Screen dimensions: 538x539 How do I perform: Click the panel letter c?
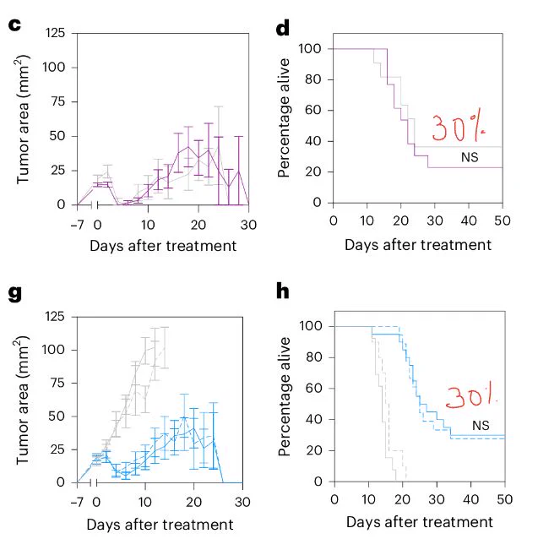14,24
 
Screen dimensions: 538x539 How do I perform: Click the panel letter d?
283,28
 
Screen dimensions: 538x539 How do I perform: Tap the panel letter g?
14,294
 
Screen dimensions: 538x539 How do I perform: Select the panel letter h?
282,291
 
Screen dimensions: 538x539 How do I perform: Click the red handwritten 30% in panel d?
458,128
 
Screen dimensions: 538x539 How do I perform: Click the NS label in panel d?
470,157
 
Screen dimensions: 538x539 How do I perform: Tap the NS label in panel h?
481,426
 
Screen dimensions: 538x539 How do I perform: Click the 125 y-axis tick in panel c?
55,33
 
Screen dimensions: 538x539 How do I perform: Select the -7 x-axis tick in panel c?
78,225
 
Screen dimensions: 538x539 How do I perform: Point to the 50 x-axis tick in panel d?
503,220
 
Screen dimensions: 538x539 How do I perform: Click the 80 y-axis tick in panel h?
314,357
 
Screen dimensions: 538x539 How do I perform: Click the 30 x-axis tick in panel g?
242,502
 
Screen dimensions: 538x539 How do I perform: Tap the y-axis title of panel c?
23,119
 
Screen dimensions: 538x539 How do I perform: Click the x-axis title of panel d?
418,245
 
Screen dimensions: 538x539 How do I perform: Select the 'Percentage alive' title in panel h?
285,397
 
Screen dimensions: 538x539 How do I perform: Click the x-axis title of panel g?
160,525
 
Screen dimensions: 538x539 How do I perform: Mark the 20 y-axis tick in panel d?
313,171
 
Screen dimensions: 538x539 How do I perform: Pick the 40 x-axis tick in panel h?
470,499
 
